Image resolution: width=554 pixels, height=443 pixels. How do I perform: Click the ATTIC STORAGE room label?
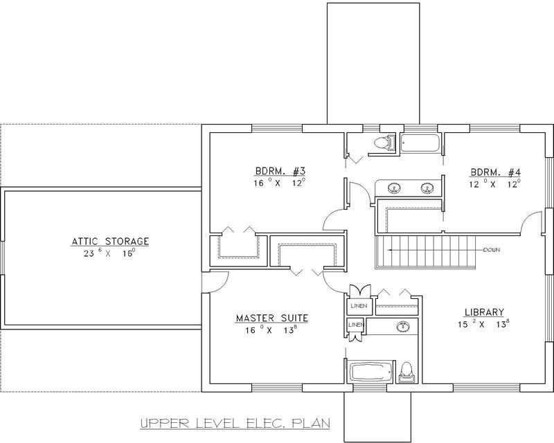click(x=110, y=242)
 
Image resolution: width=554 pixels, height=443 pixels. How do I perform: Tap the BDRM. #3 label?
click(x=279, y=172)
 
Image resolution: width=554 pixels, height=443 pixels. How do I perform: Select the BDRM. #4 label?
click(x=494, y=172)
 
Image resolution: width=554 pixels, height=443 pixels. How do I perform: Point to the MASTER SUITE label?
click(x=271, y=318)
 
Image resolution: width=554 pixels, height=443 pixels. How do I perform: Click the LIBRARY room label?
click(x=484, y=312)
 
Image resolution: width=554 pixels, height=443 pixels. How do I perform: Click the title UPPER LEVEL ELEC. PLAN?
click(x=233, y=422)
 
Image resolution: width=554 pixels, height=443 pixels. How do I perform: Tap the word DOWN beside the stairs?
click(x=492, y=249)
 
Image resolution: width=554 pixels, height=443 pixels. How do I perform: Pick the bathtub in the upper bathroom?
click(x=420, y=144)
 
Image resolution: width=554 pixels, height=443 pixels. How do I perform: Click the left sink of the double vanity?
click(x=394, y=188)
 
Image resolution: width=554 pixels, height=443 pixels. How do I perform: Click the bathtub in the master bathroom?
click(x=369, y=371)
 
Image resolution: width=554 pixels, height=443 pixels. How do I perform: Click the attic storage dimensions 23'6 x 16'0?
click(x=110, y=253)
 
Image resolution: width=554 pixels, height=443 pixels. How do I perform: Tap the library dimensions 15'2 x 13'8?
click(x=484, y=324)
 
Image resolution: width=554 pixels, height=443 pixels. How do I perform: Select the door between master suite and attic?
click(x=217, y=279)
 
